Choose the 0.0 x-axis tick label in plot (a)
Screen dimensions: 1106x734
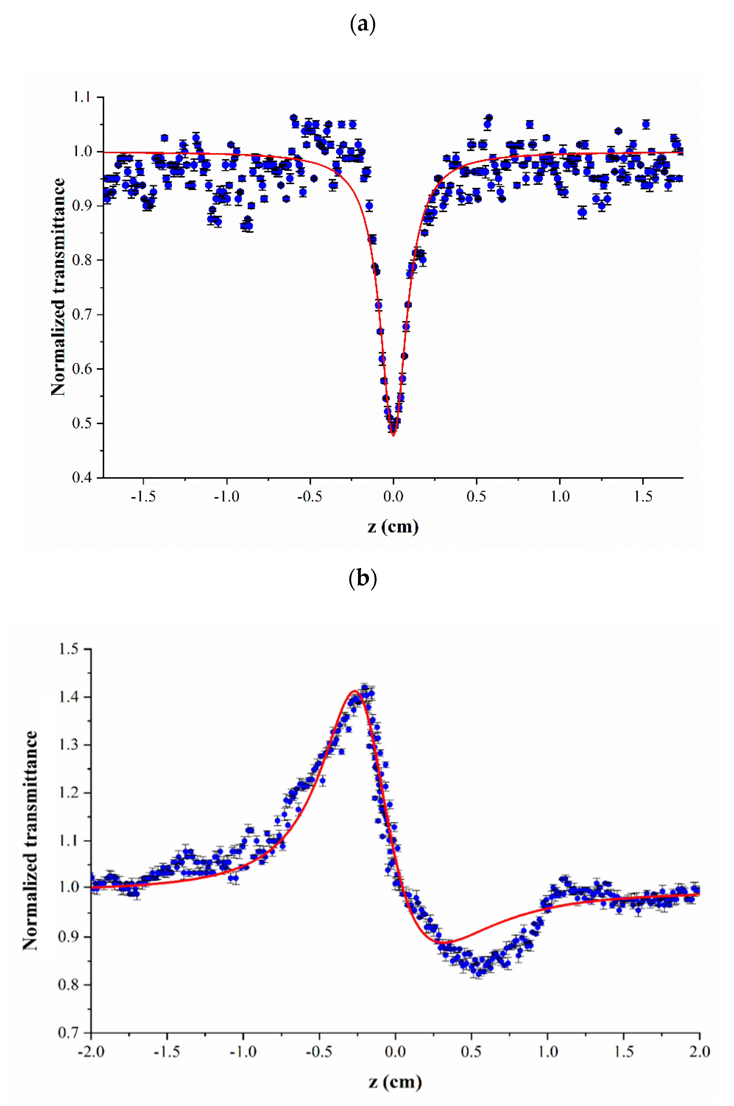click(393, 496)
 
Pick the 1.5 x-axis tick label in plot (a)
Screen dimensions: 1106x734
click(643, 496)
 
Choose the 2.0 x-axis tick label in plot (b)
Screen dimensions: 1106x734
click(699, 1052)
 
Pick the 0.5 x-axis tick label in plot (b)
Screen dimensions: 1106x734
click(471, 1052)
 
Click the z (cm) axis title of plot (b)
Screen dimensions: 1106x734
click(395, 1082)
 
